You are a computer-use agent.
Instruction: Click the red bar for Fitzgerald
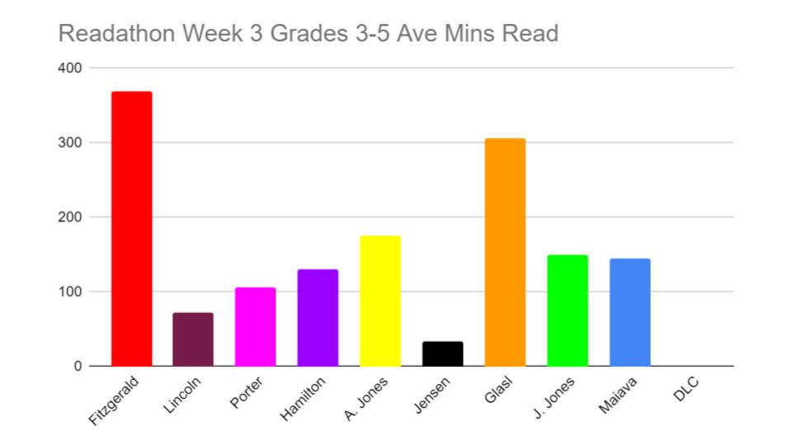point(131,229)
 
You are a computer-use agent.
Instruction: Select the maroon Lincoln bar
point(193,339)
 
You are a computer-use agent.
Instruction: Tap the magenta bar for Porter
point(255,327)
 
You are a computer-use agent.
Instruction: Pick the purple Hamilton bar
point(318,318)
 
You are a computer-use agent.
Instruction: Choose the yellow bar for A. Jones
point(380,301)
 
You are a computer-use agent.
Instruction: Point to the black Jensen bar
point(442,353)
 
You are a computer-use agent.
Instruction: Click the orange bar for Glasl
point(505,252)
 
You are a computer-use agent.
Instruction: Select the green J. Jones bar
point(568,311)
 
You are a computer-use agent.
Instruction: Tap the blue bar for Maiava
point(629,312)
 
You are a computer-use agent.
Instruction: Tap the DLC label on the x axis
point(686,390)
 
